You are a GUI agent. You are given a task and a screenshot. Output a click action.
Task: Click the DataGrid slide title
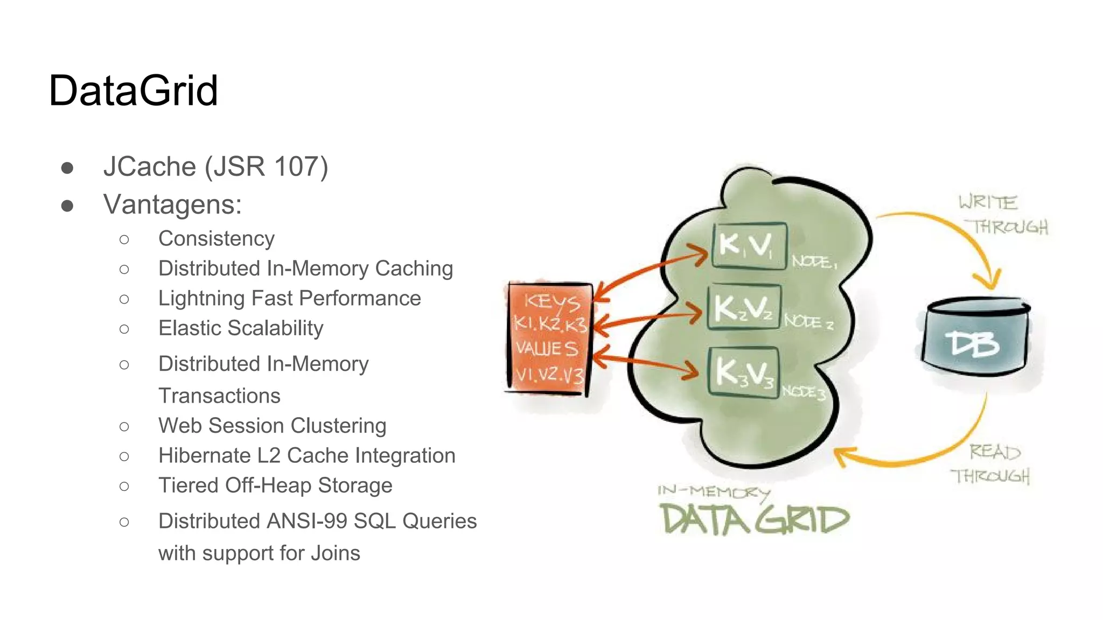133,90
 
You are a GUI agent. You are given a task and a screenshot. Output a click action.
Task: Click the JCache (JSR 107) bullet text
215,166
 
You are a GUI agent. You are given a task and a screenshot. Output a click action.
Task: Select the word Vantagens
172,205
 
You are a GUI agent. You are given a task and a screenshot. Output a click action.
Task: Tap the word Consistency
217,238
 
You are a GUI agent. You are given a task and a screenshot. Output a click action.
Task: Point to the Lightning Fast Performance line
289,298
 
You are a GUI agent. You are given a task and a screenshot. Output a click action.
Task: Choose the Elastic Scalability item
241,328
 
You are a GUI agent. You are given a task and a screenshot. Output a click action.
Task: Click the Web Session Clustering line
272,426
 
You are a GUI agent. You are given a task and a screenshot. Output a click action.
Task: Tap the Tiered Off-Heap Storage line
275,485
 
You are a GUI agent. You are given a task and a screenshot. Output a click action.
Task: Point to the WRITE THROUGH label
1002,215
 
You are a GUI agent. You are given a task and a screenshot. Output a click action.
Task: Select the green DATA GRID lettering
754,520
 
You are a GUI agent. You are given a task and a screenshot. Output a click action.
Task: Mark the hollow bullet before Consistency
124,239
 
